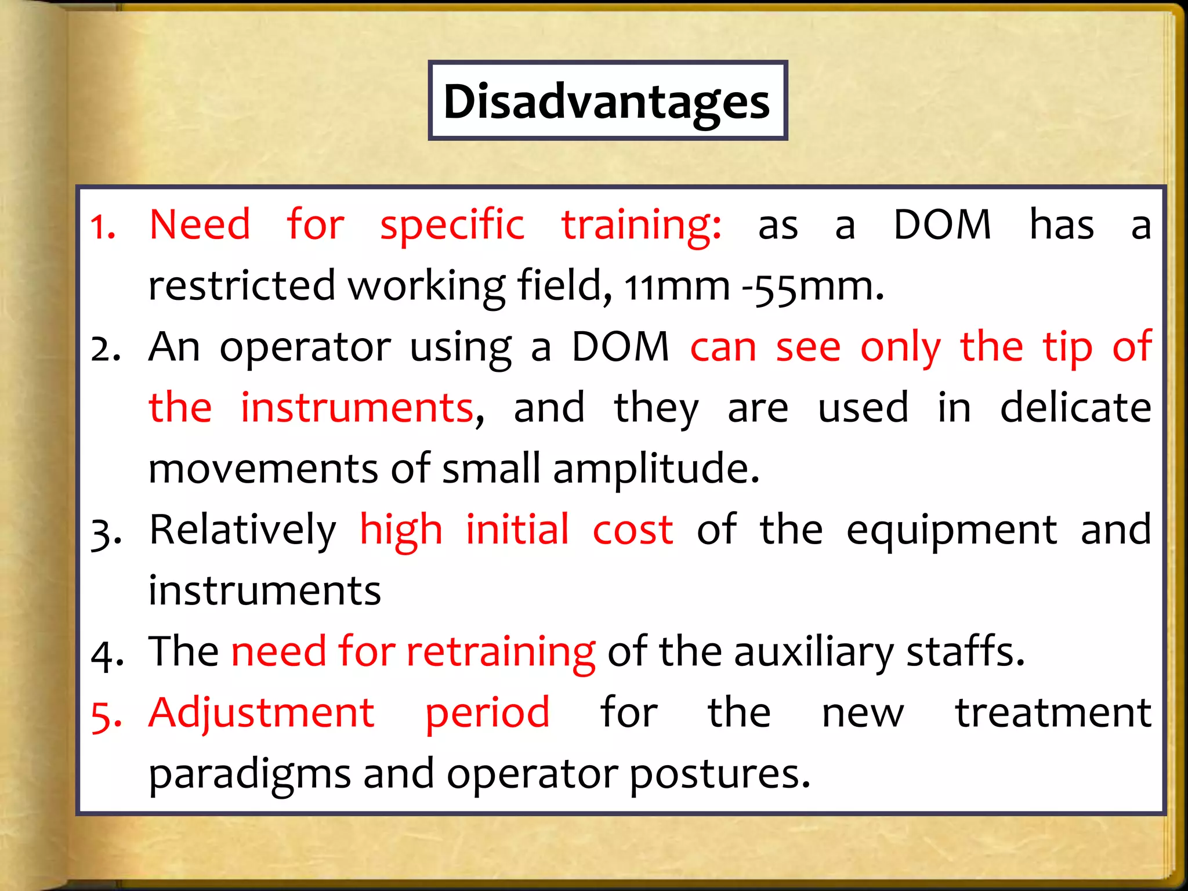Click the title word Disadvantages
607,102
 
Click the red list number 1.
103,227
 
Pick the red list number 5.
106,716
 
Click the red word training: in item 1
642,225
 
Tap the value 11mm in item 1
676,287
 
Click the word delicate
1075,407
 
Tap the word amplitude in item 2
655,469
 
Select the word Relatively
242,530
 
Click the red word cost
632,530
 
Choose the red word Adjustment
261,713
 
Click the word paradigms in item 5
249,775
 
